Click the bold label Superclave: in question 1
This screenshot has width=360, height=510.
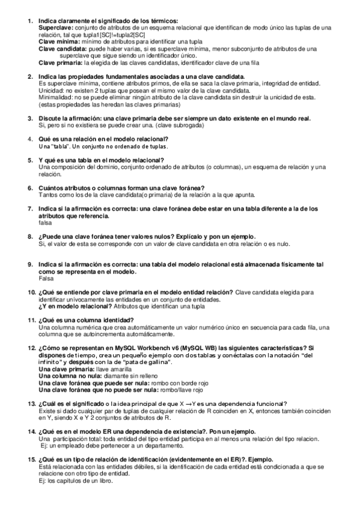56,28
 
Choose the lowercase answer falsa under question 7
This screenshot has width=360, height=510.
46,223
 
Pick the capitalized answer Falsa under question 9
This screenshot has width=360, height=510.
46,278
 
